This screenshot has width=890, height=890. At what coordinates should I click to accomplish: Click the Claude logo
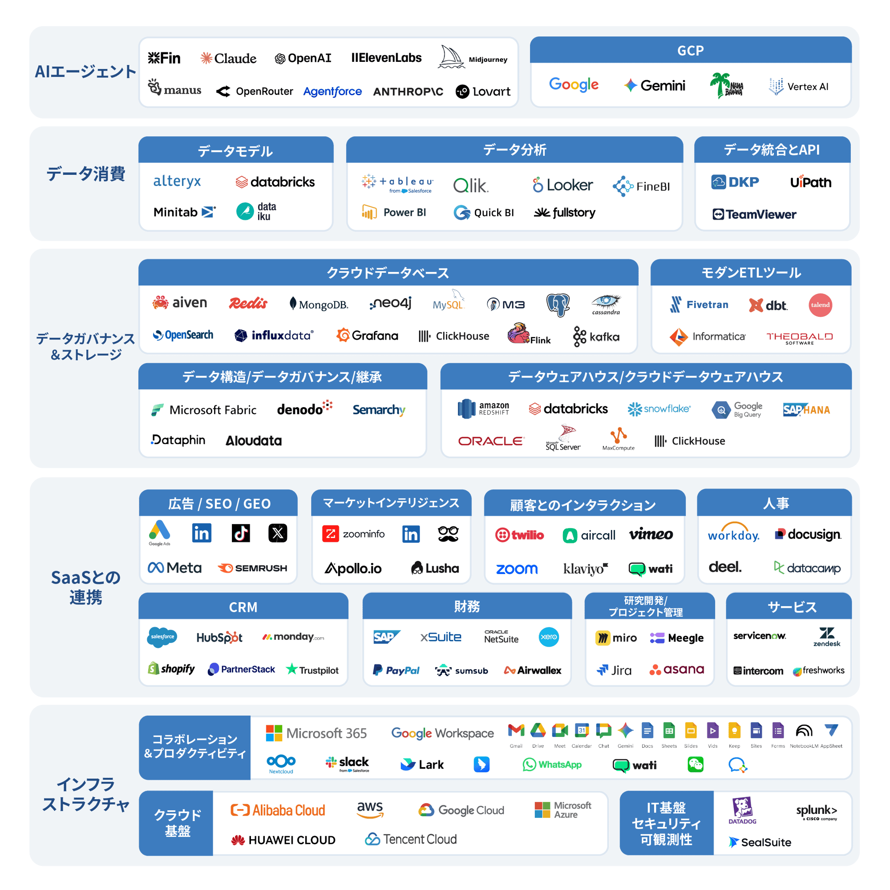228,58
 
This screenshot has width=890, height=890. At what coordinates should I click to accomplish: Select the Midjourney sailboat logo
450,57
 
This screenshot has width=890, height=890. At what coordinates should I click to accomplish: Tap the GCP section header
690,51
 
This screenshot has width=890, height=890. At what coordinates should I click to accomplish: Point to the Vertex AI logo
798,87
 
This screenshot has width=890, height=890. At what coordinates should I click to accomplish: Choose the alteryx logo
177,182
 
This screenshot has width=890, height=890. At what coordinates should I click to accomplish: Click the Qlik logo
470,186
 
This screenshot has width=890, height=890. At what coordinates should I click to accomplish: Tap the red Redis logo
248,303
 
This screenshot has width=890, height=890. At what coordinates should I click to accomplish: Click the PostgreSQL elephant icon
558,304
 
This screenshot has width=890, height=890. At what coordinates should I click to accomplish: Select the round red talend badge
820,305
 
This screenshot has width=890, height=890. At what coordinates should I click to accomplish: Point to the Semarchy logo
379,409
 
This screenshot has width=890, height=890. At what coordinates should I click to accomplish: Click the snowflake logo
659,409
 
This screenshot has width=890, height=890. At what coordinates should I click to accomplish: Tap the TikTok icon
240,534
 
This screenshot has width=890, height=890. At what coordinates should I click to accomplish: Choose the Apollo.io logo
353,568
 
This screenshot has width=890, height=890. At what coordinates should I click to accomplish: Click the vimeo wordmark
651,534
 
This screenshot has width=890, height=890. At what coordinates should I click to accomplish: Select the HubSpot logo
219,638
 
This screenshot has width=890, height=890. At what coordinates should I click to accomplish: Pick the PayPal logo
396,670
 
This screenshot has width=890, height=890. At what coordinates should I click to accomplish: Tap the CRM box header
243,607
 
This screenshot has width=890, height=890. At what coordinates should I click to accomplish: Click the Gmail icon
516,731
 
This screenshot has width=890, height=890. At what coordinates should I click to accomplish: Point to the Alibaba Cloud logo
278,810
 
